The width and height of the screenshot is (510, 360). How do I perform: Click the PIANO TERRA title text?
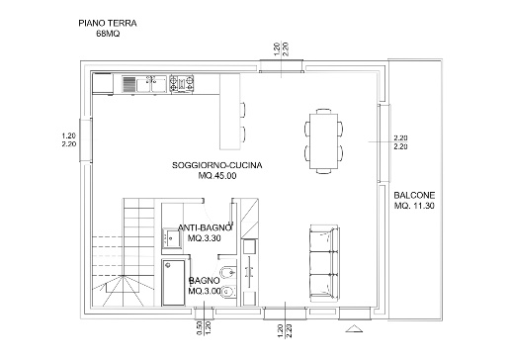point(108,23)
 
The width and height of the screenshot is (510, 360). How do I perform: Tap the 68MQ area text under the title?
point(108,34)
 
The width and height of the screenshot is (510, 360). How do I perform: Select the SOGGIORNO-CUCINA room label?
point(217,165)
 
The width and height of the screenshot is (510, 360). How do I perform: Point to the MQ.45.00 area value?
point(217,176)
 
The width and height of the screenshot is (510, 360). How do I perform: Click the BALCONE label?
point(414,195)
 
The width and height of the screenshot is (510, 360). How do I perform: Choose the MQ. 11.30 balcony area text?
point(414,206)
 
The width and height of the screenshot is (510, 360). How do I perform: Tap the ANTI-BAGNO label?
point(205,227)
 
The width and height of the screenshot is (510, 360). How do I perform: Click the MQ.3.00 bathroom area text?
point(205,292)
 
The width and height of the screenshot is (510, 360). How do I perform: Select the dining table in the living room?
point(324,141)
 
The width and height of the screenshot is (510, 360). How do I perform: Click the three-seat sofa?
point(324,263)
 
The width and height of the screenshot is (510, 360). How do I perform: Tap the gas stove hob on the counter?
point(181,84)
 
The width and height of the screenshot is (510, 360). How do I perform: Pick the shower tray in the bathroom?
point(173,283)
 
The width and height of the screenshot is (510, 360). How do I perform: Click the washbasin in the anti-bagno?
point(172,237)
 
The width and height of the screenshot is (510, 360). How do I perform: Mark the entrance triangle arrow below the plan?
point(354,328)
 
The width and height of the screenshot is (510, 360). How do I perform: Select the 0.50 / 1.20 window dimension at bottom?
point(204,328)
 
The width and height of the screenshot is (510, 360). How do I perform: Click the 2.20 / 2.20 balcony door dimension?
point(400,142)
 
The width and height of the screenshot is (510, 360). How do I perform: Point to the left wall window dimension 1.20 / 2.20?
point(69,139)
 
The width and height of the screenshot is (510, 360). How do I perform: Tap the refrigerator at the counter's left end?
point(103,84)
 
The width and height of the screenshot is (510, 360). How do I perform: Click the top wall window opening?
point(281,65)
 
